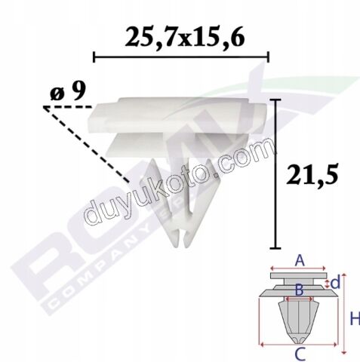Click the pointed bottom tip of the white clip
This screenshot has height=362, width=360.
click(176, 244)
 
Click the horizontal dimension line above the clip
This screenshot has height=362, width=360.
click(181, 57)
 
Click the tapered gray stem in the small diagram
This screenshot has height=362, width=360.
click(299, 317)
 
